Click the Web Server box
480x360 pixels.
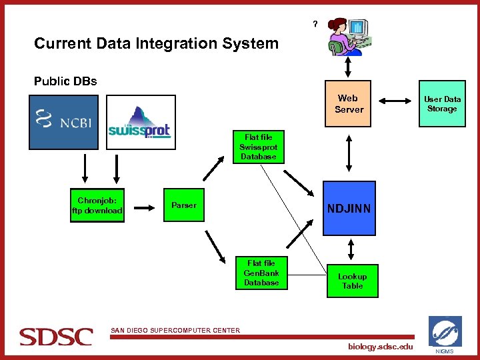349,103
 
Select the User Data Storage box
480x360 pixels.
442,103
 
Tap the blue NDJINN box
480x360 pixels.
348,209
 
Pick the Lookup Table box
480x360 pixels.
352,281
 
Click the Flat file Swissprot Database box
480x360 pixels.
258,147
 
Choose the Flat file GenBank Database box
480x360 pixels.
261,273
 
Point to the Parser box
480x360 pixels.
183,205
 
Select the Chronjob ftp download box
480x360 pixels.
97,205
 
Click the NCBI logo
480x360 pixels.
63,121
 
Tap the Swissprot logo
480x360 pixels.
139,123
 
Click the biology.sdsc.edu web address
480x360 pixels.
380,347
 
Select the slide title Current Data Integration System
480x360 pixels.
156,44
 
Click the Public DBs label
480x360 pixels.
65,81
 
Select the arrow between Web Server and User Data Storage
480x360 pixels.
396,101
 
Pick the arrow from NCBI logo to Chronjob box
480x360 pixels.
85,168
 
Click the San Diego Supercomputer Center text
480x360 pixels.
175,329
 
